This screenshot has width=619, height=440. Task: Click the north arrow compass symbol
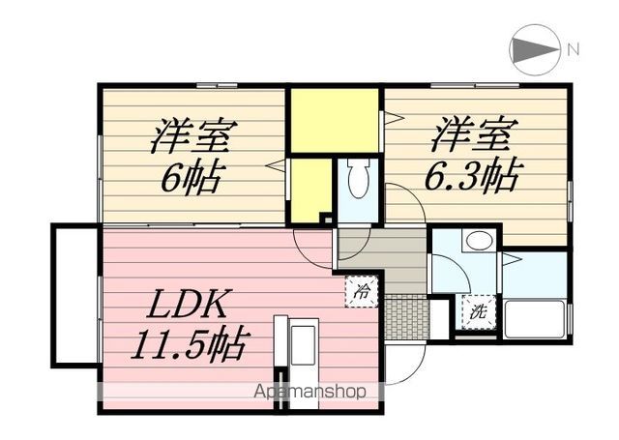point(535,49)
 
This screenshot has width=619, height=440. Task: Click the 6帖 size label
point(193,176)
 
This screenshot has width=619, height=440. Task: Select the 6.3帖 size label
point(475,175)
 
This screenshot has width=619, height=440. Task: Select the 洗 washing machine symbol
point(477,312)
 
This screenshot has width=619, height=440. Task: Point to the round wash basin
point(476,241)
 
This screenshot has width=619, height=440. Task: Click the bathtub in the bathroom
point(535,318)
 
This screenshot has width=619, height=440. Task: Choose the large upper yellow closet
point(335,121)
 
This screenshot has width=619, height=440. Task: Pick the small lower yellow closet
point(310,191)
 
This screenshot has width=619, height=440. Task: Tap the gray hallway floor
point(383,255)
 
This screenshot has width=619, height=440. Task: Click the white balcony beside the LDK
point(74,294)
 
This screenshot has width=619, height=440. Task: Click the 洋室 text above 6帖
point(190,136)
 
